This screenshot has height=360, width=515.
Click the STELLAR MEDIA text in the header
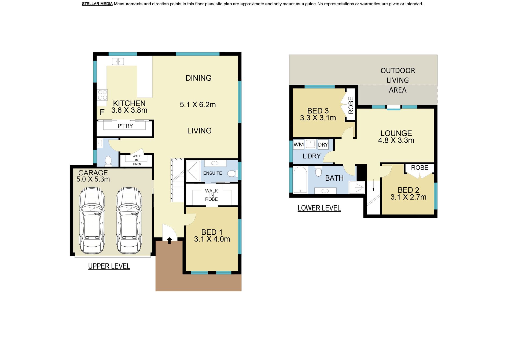tap(97, 4)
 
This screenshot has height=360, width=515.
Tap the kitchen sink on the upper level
tap(118, 61)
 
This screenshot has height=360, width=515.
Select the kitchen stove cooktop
tap(102, 95)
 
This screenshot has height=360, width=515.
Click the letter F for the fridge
tap(102, 112)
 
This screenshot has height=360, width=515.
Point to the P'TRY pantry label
tap(125, 126)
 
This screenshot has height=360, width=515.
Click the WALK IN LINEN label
tap(137, 160)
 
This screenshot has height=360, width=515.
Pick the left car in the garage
tap(91, 220)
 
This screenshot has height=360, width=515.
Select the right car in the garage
tap(129, 220)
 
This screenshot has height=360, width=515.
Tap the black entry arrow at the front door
tap(170, 240)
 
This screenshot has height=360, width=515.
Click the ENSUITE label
tap(212, 173)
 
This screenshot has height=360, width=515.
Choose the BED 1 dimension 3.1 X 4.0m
tap(212, 239)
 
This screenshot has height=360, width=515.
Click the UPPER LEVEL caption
tap(109, 266)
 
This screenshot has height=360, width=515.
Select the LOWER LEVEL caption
tap(319, 208)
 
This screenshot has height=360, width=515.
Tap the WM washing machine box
tap(299, 145)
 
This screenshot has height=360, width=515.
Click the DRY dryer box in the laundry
tap(323, 145)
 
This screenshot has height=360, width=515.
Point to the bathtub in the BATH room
tap(300, 180)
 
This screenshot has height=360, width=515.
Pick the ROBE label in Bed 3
tap(351, 105)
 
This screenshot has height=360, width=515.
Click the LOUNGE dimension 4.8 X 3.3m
tap(396, 140)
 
